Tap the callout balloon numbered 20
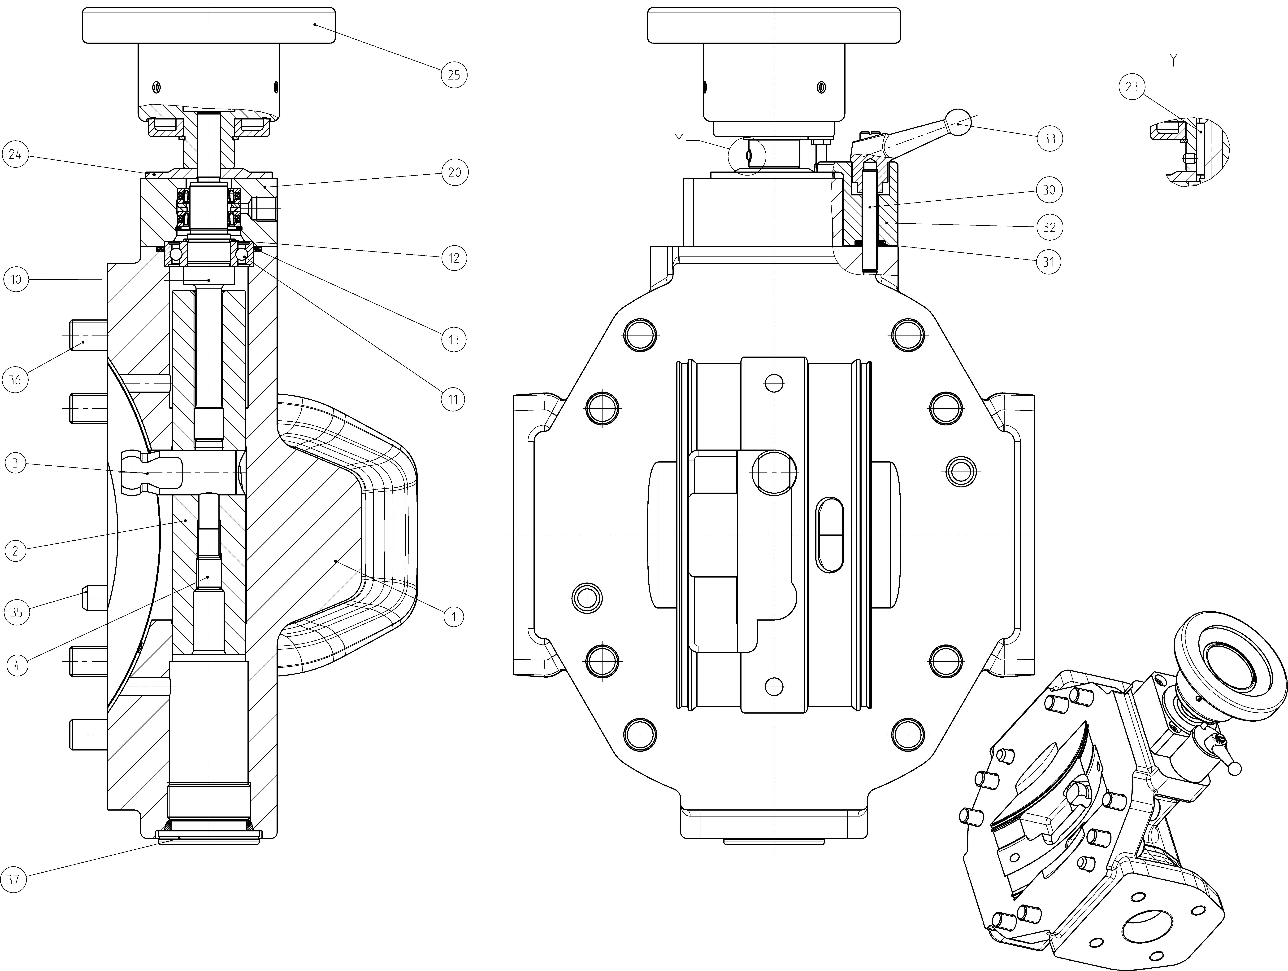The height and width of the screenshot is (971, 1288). (x=454, y=172)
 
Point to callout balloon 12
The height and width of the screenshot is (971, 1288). (x=454, y=258)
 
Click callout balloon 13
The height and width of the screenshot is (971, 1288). (x=454, y=340)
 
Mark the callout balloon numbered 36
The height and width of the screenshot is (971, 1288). (x=15, y=380)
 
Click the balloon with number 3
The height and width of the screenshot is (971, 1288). (x=15, y=464)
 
